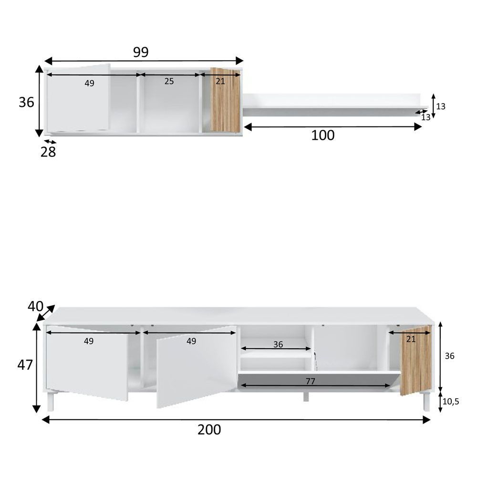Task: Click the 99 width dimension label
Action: point(141,52)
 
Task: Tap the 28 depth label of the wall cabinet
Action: point(48,152)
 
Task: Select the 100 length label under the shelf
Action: point(323,135)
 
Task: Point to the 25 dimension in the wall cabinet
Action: point(169,81)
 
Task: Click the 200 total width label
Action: point(209,430)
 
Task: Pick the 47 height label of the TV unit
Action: point(25,365)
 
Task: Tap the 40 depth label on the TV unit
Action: point(35,306)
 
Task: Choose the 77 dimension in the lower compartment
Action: point(311,381)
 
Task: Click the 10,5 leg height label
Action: point(451,402)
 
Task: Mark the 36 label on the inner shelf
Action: point(278,344)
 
